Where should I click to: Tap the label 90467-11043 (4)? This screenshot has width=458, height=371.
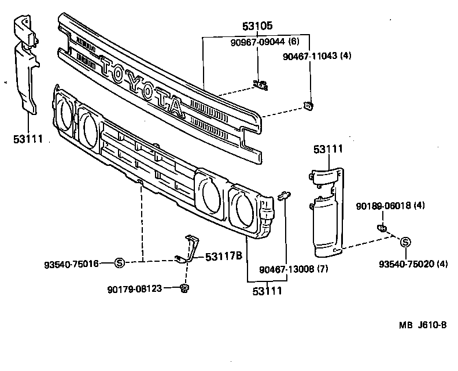[x=317, y=56]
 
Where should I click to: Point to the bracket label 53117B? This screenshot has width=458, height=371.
[x=223, y=256]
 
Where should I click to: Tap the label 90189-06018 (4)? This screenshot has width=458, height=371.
[x=391, y=205]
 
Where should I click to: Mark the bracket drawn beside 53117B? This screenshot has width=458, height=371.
[x=189, y=250]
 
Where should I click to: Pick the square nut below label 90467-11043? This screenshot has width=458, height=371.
[x=309, y=105]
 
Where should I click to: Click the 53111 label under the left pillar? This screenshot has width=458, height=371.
[x=28, y=139]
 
